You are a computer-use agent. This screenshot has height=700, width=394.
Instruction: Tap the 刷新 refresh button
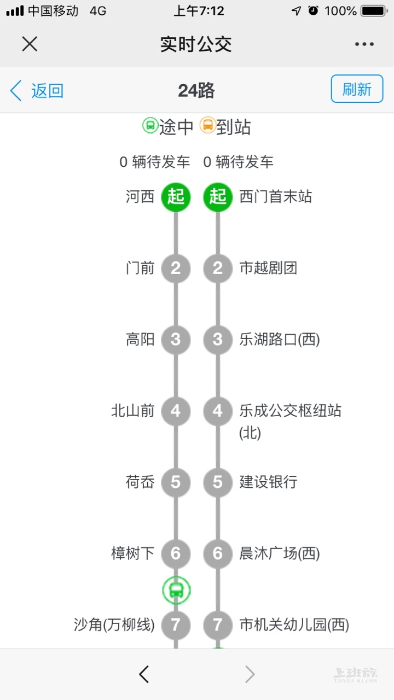coord(357,89)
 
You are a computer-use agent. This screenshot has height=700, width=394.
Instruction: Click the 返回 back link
coord(37,90)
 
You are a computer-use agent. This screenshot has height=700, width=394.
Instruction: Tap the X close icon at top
coord(30,44)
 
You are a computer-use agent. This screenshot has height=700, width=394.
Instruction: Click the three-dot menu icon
coord(364,44)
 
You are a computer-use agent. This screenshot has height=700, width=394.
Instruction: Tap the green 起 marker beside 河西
coord(176,196)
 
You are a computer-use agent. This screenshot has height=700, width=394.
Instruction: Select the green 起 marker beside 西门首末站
coord(218,196)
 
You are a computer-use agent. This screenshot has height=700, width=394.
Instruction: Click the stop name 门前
coord(140,269)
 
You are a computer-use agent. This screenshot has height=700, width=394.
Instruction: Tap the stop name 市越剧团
coord(268,269)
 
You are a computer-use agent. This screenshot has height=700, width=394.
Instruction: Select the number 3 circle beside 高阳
coord(176,340)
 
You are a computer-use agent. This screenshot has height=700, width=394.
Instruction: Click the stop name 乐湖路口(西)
coord(279,340)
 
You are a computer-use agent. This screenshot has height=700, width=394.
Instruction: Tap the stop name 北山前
coord(133,411)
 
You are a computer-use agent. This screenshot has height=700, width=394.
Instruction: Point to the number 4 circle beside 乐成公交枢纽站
coord(218,411)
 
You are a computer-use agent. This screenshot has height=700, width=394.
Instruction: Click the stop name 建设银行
coord(268,482)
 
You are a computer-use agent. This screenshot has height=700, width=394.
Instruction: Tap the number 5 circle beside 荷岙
coord(176,482)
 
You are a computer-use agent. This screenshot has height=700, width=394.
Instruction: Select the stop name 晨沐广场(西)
coord(279,553)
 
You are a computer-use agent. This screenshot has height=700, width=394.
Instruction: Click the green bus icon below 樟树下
coord(176,590)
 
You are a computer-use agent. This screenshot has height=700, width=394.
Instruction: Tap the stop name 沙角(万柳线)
coord(114,625)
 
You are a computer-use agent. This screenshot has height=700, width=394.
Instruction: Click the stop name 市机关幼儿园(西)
coord(294,625)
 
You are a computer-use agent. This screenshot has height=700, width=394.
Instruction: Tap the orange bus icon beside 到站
coord(207,126)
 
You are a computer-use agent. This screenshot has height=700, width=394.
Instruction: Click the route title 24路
coord(196,90)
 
